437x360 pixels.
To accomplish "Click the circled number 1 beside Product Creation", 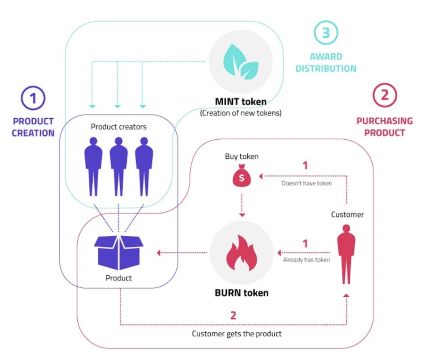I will click(33, 98).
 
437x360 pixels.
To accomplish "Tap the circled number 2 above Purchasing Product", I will click(384, 95).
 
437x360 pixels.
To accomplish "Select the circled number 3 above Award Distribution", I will click(326, 33).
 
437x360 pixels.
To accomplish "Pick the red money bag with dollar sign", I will click(241, 177).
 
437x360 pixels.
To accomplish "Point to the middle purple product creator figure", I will click(118, 166).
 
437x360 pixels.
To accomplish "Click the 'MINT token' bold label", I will click(241, 102).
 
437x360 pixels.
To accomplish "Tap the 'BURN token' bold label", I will click(241, 292).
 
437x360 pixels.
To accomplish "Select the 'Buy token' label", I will click(242, 157).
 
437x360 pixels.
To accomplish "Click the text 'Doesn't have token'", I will click(306, 183).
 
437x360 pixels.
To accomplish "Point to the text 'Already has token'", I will click(306, 260).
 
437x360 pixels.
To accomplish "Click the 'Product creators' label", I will click(119, 127).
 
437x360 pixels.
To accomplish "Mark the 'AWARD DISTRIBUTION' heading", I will click(326, 63).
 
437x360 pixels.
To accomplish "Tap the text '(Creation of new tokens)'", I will click(241, 113).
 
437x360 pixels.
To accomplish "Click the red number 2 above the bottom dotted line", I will click(233, 315).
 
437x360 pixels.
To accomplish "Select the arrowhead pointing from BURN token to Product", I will click(159, 253).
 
